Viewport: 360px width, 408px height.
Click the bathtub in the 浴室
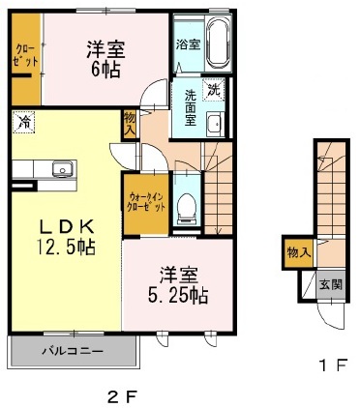219,43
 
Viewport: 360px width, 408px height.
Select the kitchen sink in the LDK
63,168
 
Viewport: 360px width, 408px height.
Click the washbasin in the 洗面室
215,124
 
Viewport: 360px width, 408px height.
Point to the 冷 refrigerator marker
23,122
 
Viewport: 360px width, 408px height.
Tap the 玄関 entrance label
331,285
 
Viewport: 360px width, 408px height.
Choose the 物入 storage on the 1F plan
299,253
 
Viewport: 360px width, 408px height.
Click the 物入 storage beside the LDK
130,124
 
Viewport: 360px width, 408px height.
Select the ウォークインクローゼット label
147,202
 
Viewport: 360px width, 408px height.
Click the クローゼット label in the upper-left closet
26,56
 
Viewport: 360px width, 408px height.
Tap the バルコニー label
73,351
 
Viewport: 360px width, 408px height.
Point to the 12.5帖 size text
66,248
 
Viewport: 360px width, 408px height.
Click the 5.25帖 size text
178,295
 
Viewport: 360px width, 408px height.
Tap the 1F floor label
333,366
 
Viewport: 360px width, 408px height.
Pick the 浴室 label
188,44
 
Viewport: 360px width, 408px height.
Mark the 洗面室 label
191,107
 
